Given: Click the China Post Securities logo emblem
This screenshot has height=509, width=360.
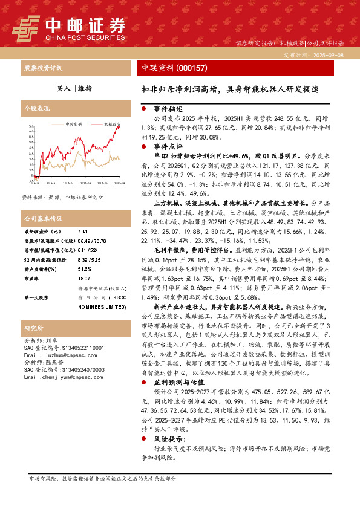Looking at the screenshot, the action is (x=27, y=27).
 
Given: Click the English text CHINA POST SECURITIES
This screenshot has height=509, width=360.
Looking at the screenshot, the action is (x=85, y=36).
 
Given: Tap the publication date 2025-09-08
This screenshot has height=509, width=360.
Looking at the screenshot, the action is (x=327, y=54).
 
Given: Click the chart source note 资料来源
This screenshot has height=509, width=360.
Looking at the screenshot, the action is (x=54, y=198).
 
